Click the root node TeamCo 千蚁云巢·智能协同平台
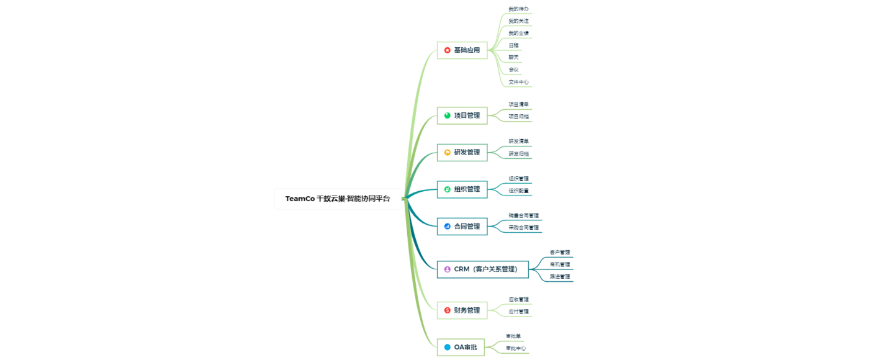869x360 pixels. pyautogui.click(x=338, y=199)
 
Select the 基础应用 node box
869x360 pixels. pyautogui.click(x=462, y=50)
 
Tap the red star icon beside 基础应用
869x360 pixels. pyautogui.click(x=448, y=50)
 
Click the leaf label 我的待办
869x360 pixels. pyautogui.click(x=518, y=9)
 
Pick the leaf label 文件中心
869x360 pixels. pyautogui.click(x=518, y=82)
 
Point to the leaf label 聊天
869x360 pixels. pyautogui.click(x=513, y=57)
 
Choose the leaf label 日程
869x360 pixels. pyautogui.click(x=513, y=45)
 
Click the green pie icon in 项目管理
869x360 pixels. pyautogui.click(x=448, y=115)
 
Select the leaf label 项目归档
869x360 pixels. pyautogui.click(x=518, y=117)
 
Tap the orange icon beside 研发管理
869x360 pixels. pyautogui.click(x=448, y=152)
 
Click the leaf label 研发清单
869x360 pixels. pyautogui.click(x=518, y=142)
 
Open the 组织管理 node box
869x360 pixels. pyautogui.click(x=462, y=189)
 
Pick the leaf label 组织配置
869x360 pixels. pyautogui.click(x=518, y=191)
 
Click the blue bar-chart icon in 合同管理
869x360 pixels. pyautogui.click(x=448, y=227)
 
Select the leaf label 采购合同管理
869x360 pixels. pyautogui.click(x=523, y=228)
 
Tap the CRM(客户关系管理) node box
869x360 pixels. pyautogui.click(x=483, y=269)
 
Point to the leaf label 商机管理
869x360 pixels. pyautogui.click(x=559, y=264)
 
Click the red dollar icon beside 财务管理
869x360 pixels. pyautogui.click(x=448, y=310)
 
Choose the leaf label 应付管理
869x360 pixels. pyautogui.click(x=518, y=312)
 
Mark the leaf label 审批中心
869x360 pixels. pyautogui.click(x=516, y=348)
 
